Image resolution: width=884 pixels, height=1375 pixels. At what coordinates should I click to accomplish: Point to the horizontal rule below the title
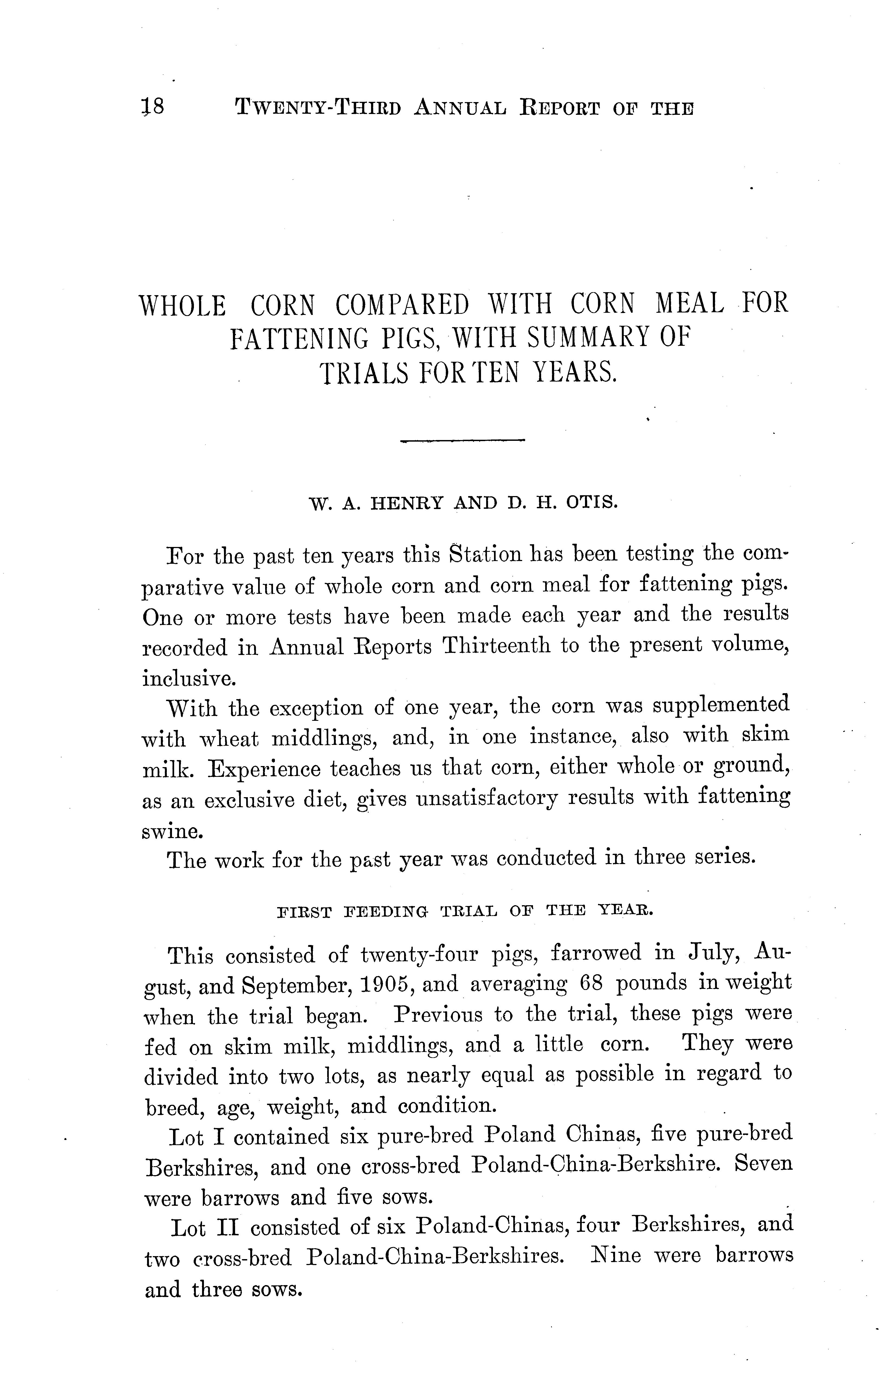click(x=463, y=441)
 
